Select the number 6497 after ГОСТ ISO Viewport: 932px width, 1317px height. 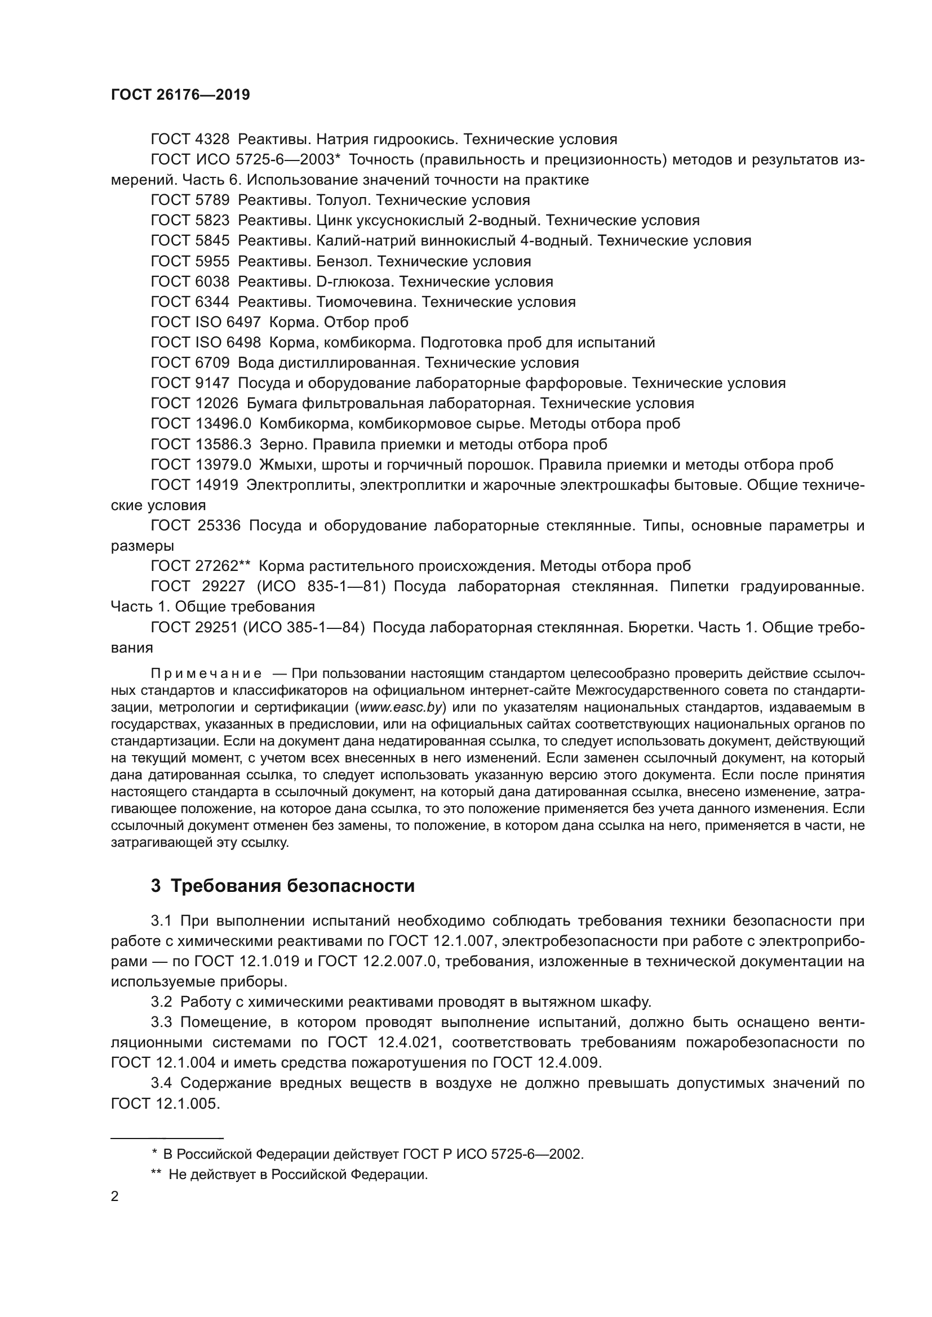(x=243, y=323)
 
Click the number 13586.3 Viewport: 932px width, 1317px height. (x=223, y=445)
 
